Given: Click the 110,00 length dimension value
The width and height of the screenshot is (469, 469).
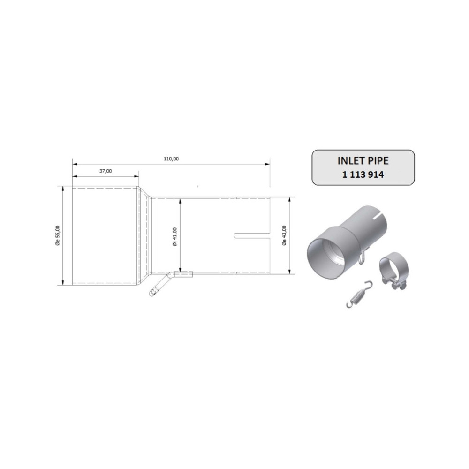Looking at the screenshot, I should (x=171, y=159).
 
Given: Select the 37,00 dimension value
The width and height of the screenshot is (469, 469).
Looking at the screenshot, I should (x=106, y=171).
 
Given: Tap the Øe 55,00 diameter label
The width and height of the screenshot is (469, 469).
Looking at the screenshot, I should (x=57, y=235).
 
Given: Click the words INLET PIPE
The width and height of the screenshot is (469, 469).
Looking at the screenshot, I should (x=363, y=160).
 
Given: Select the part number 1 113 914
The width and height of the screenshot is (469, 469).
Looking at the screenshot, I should (x=363, y=173).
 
